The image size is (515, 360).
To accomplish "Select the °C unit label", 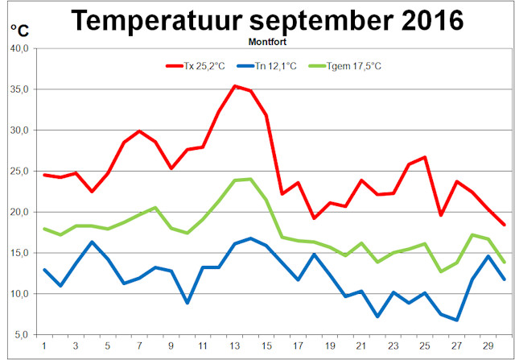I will (19, 31).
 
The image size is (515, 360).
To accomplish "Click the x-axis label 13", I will (234, 346).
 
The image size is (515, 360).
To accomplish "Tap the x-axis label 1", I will (44, 346).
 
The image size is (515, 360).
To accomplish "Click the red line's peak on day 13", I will (234, 86).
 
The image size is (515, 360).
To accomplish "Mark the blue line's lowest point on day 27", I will (456, 320).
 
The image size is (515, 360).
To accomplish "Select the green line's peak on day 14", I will (250, 179).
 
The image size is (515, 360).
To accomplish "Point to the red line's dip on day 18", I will (314, 217).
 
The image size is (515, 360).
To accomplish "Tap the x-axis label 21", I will (361, 346).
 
